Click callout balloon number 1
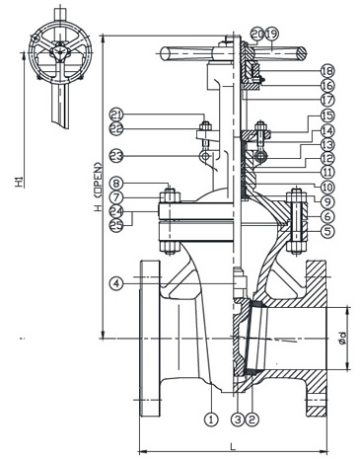210,418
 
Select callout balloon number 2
253,418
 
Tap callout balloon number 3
238,418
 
